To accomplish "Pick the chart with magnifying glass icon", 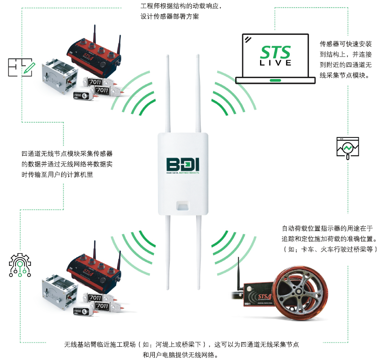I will coord(348,148).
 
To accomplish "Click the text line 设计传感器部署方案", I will coord(169,16).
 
